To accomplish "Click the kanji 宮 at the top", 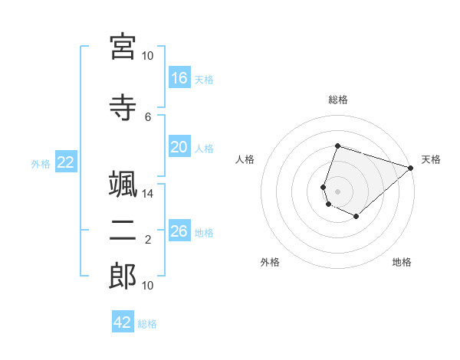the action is [x=123, y=47].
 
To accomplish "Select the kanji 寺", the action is [x=123, y=107].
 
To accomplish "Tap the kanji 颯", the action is [x=123, y=184].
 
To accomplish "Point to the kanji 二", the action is [x=123, y=231].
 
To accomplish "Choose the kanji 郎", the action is [x=123, y=277].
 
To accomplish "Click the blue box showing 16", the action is [x=179, y=77].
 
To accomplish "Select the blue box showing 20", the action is [x=179, y=146].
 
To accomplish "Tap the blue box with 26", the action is [x=179, y=230].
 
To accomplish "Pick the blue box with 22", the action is [x=66, y=162].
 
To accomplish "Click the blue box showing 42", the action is [x=123, y=321].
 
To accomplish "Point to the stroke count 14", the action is [x=147, y=194].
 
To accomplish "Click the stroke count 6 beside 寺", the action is [x=148, y=117].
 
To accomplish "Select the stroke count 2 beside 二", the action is [x=148, y=240].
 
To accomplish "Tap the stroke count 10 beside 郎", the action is [x=147, y=285].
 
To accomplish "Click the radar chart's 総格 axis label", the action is [x=338, y=100].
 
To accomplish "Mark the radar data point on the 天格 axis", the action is [x=411, y=168].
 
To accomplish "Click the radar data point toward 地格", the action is [x=356, y=216].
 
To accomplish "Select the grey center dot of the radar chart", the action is [x=337, y=191].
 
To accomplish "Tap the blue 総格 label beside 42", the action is [x=147, y=324].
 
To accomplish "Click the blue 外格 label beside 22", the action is [x=41, y=164].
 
